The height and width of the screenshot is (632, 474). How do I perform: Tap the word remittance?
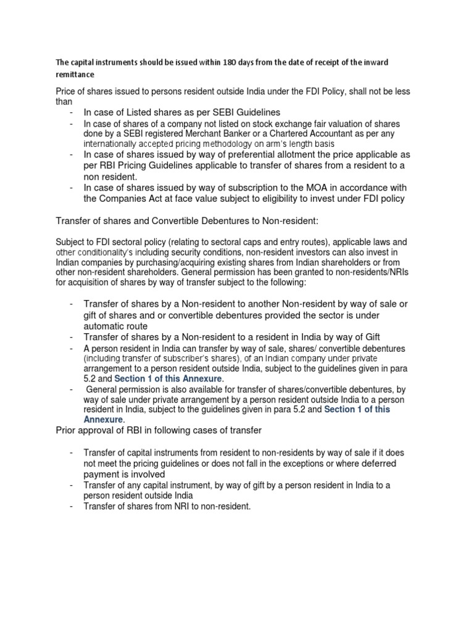[x=75, y=75]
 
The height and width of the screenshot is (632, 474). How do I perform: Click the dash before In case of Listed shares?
[x=72, y=112]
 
